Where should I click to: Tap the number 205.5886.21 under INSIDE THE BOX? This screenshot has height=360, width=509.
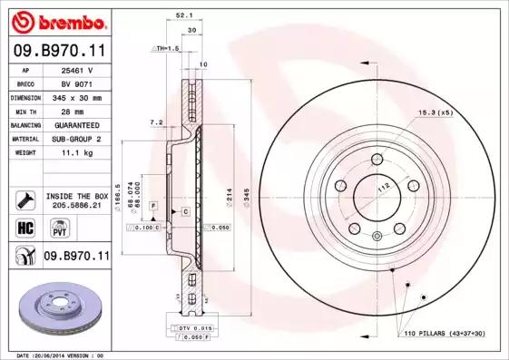point(74,205)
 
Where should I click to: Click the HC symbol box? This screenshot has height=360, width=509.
point(25,227)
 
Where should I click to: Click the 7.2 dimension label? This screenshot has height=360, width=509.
point(155,122)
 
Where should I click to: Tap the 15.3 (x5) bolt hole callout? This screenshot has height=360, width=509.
point(434,112)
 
